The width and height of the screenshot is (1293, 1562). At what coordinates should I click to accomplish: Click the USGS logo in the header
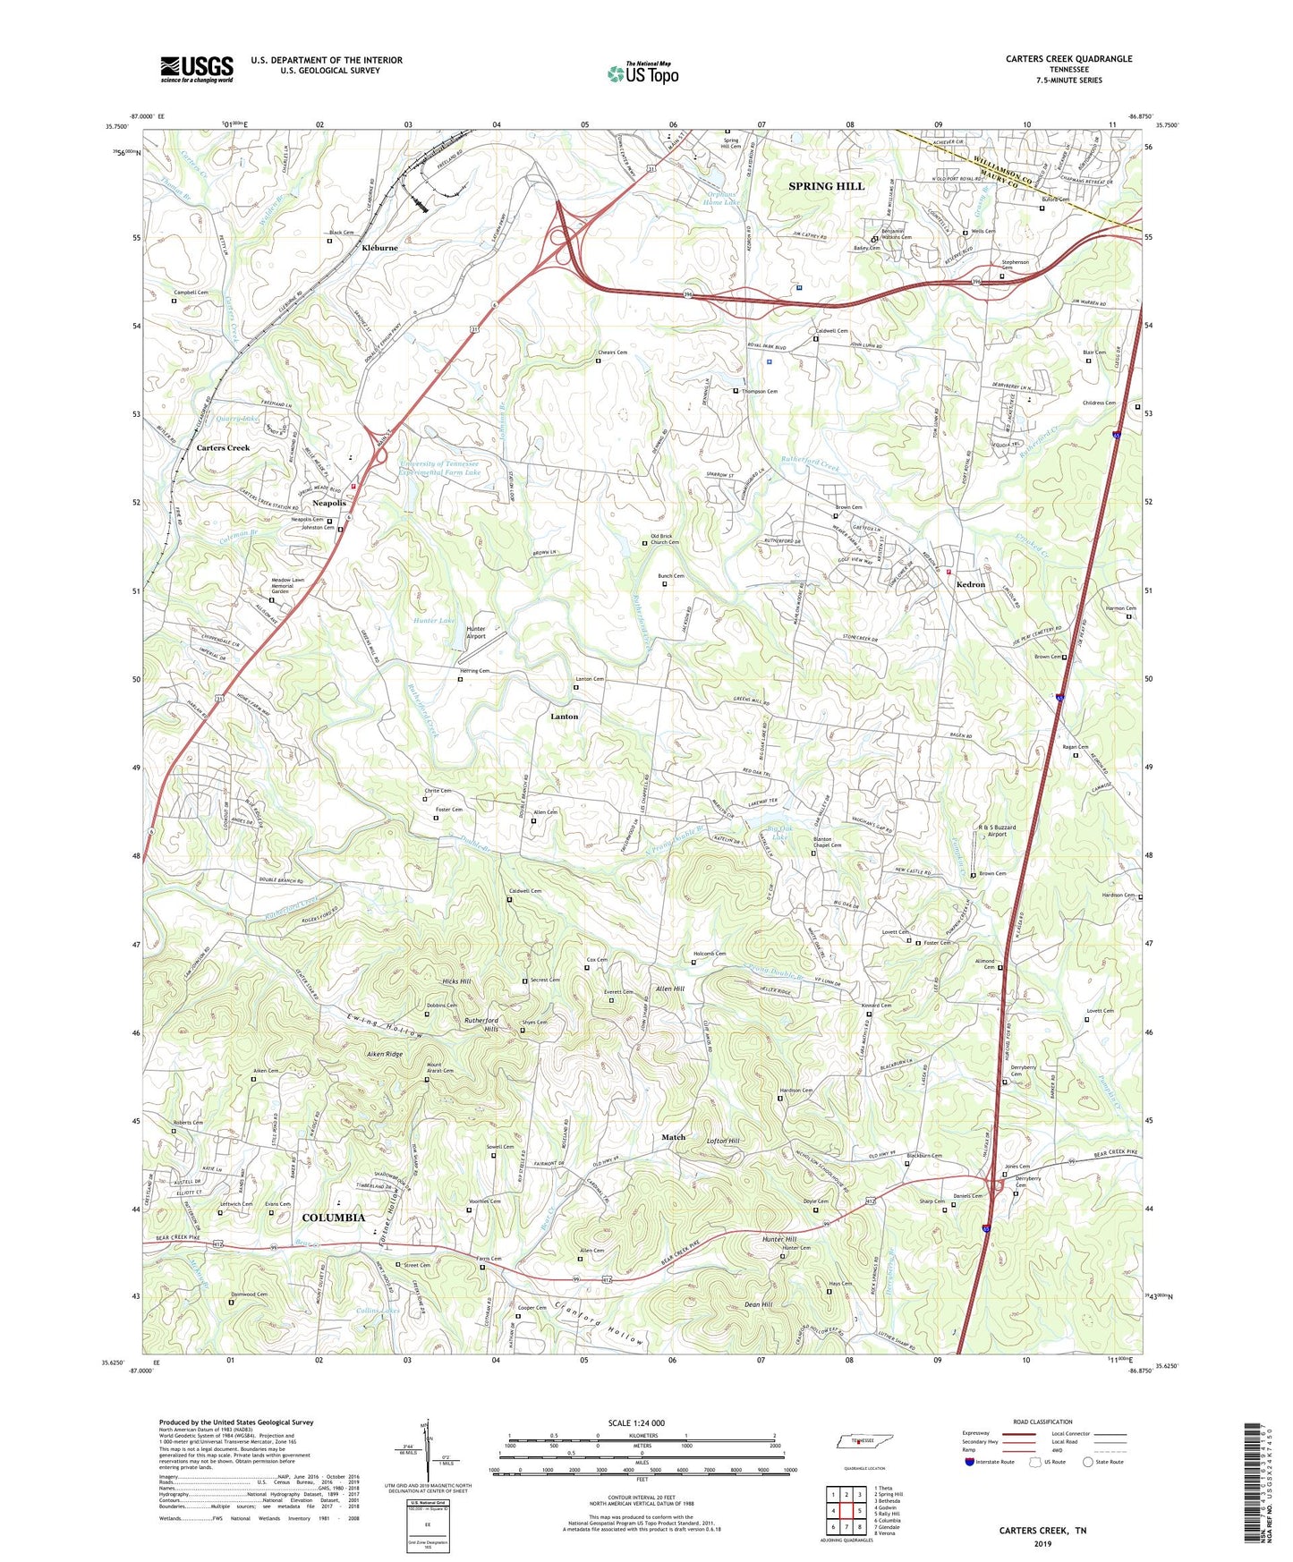pos(197,69)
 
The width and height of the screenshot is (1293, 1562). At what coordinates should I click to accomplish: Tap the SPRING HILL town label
pos(826,186)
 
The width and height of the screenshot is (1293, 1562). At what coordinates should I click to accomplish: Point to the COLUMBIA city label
pos(333,1218)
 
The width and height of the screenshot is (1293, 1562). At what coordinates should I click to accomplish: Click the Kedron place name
pos(970,584)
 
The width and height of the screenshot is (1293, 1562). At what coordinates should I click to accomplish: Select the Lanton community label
pos(564,717)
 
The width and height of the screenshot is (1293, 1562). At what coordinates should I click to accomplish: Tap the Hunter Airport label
pos(476,632)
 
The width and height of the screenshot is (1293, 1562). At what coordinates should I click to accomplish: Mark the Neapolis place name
pos(328,504)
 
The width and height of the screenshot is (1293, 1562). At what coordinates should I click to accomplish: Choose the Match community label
pos(673,1137)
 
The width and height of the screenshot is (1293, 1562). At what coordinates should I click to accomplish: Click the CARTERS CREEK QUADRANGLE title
pos(1068,59)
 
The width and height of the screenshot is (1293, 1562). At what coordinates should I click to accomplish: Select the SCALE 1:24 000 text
pos(636,1422)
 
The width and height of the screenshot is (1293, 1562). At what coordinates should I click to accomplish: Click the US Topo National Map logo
pos(642,72)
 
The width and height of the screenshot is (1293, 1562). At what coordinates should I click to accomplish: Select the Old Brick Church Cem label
pos(664,539)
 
